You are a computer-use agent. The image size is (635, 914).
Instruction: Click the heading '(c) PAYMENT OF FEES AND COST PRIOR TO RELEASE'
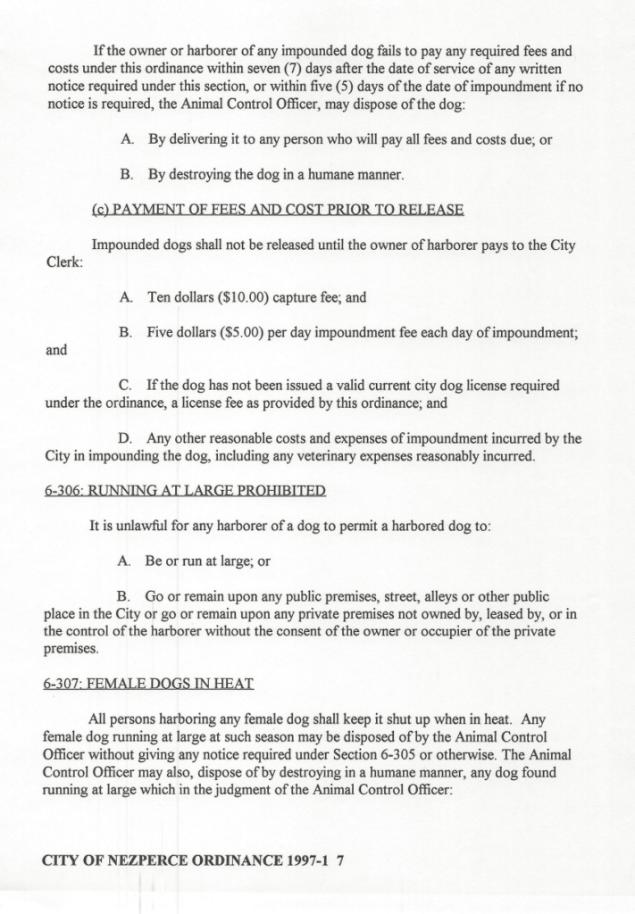278,210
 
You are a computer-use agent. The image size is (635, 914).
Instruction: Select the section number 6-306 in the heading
63,490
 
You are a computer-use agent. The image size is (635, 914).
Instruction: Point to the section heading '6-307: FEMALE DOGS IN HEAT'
148,684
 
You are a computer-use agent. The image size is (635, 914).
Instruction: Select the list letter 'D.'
127,438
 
